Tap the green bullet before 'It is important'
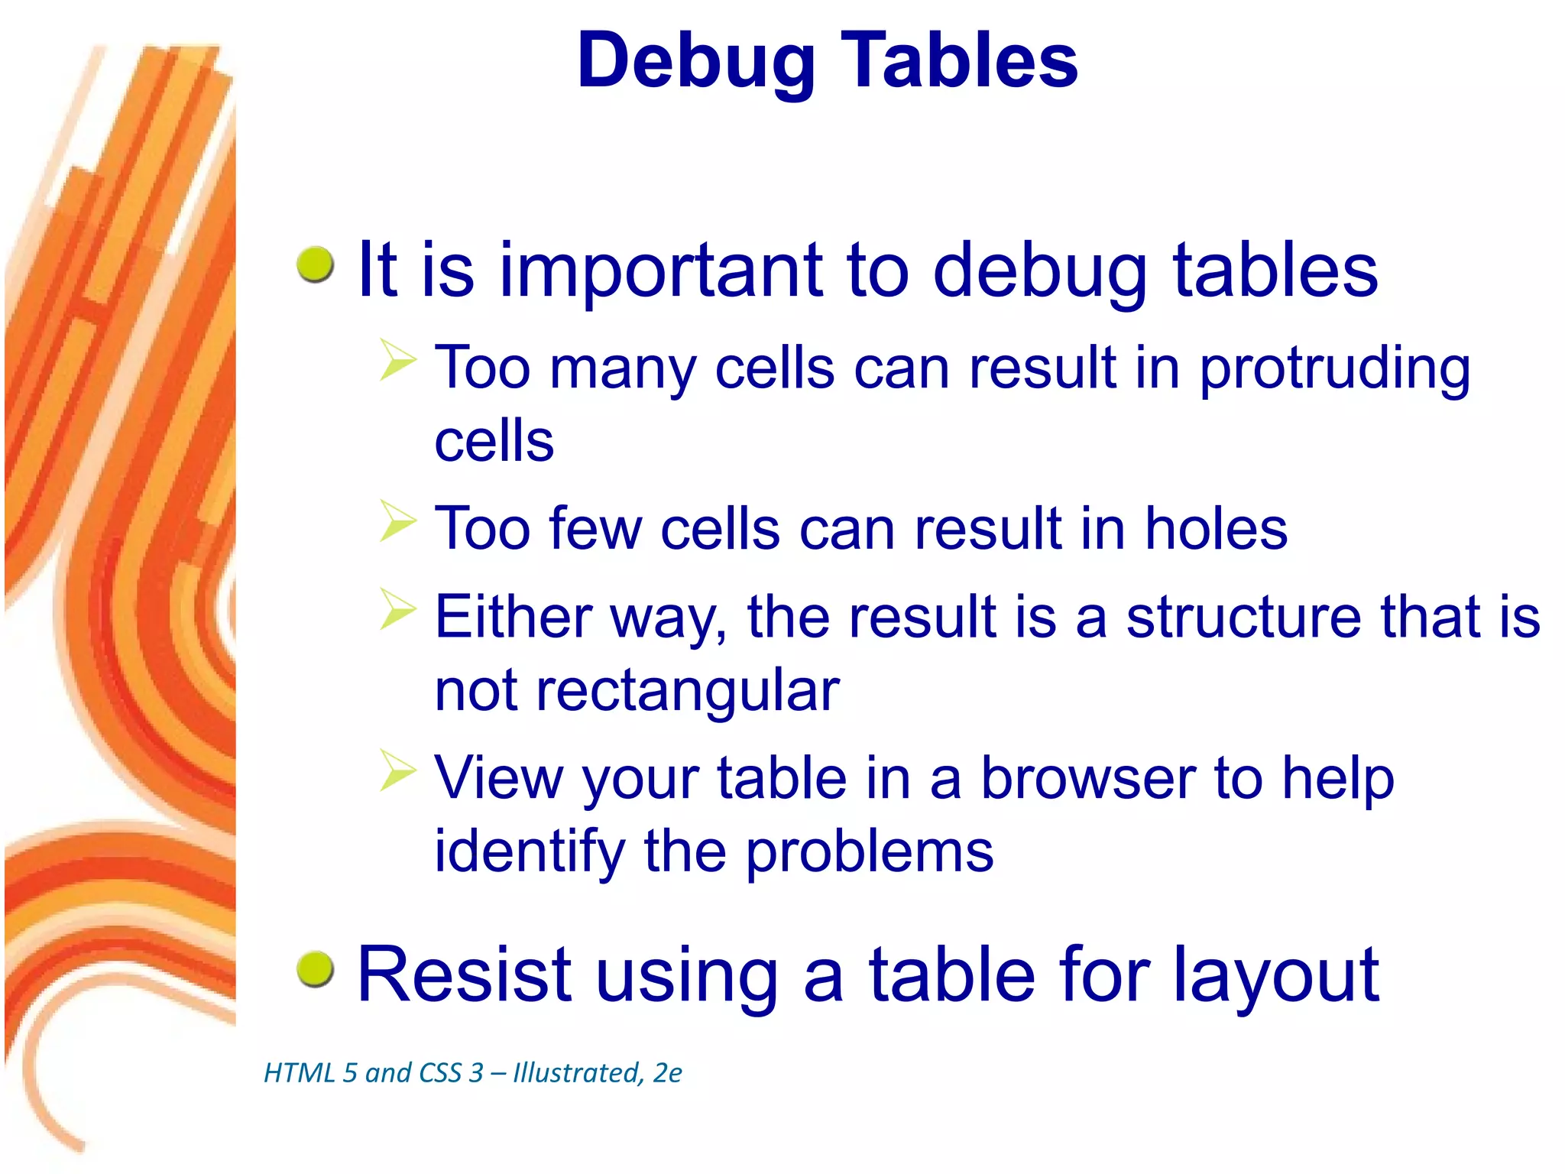(x=315, y=264)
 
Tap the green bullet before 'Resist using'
(x=315, y=969)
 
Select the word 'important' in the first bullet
(x=662, y=271)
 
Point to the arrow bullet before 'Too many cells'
(x=398, y=362)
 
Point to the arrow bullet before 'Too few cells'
(x=398, y=522)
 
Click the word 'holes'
(x=1216, y=529)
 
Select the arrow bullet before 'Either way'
(x=398, y=610)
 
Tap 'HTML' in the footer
(x=300, y=1073)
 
